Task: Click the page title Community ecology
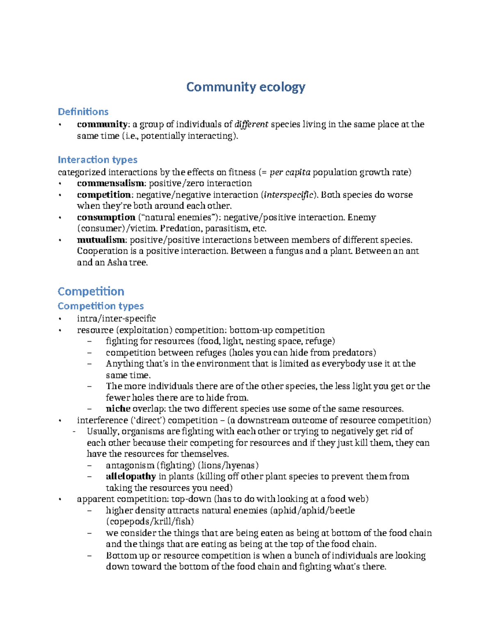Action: click(246, 87)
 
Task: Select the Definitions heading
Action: click(83, 112)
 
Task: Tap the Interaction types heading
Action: click(97, 160)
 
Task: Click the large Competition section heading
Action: click(91, 292)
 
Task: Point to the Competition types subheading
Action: click(100, 306)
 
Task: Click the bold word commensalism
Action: click(110, 183)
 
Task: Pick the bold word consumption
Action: click(106, 217)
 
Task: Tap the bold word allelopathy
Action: click(130, 477)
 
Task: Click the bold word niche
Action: click(118, 409)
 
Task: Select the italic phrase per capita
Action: click(290, 172)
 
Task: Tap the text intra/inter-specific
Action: click(116, 319)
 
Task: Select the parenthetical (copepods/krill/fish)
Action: click(150, 521)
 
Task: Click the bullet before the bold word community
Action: click(60, 124)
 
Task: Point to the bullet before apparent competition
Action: click(60, 499)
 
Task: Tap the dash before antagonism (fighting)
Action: click(90, 465)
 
